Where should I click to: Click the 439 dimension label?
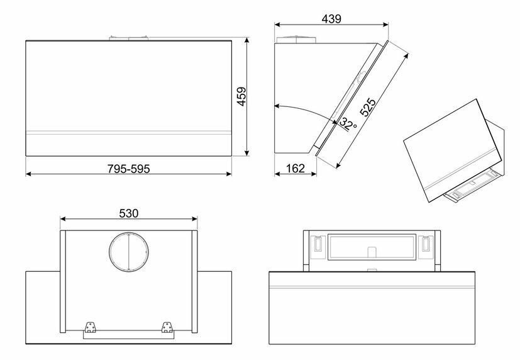coord(331,18)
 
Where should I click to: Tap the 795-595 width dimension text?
coord(128,169)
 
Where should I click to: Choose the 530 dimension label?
coord(128,213)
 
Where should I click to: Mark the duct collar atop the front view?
coord(129,38)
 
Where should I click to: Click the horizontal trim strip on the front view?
coord(129,132)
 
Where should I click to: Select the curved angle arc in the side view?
coord(308,111)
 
